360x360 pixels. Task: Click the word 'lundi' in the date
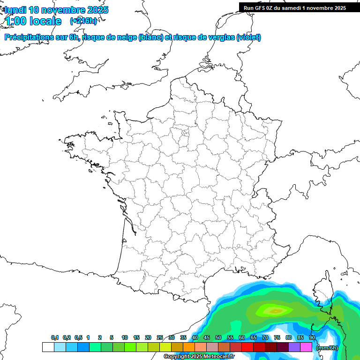(x=15, y=10)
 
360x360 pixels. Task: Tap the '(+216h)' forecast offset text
(x=83, y=21)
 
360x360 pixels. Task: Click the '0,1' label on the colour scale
(x=55, y=338)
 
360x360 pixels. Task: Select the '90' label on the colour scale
(x=312, y=338)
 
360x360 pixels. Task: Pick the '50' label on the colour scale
(x=218, y=338)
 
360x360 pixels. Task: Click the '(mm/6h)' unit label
(x=327, y=348)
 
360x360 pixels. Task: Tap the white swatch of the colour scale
(x=48, y=347)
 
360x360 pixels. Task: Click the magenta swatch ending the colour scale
(x=306, y=347)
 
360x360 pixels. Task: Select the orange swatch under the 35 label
(x=188, y=347)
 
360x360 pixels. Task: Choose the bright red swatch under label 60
(x=247, y=347)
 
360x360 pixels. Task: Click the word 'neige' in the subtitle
(x=127, y=37)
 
